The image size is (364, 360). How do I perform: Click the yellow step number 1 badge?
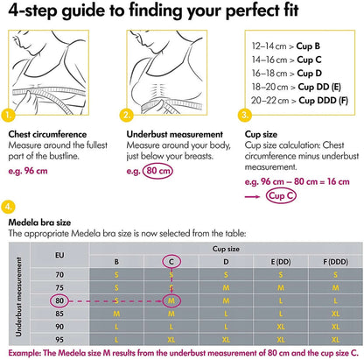click(8, 115)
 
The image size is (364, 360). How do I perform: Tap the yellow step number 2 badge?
click(127, 115)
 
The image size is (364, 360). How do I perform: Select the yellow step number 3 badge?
click(245, 115)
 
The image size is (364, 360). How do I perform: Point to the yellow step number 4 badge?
click(8, 207)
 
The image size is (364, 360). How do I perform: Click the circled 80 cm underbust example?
click(157, 171)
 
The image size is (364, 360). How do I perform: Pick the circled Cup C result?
click(281, 195)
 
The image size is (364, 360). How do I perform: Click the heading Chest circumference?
click(47, 134)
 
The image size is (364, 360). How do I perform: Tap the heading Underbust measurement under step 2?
click(175, 134)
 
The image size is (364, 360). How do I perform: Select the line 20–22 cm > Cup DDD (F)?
click(299, 101)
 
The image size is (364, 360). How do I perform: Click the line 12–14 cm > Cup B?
click(286, 46)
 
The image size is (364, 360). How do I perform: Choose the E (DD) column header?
click(281, 262)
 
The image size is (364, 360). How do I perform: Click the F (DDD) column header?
click(335, 262)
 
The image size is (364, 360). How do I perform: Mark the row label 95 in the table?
click(59, 340)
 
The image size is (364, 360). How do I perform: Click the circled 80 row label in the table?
click(59, 300)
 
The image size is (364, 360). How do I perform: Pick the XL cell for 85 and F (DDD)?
click(335, 314)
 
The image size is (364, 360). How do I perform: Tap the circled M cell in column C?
click(171, 300)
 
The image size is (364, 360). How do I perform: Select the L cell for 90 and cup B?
click(116, 327)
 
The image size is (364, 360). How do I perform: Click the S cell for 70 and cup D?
click(226, 275)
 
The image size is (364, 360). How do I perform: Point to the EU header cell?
click(59, 255)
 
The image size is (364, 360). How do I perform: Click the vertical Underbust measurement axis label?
click(18, 297)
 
